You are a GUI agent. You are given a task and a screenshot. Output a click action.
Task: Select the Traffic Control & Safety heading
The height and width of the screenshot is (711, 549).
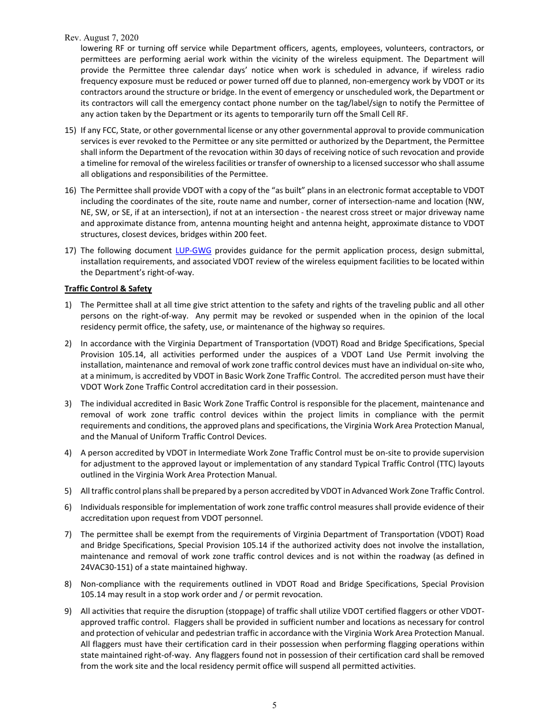click(x=108, y=288)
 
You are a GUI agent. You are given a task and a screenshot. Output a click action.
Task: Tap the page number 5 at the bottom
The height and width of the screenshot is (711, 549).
click(x=274, y=705)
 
